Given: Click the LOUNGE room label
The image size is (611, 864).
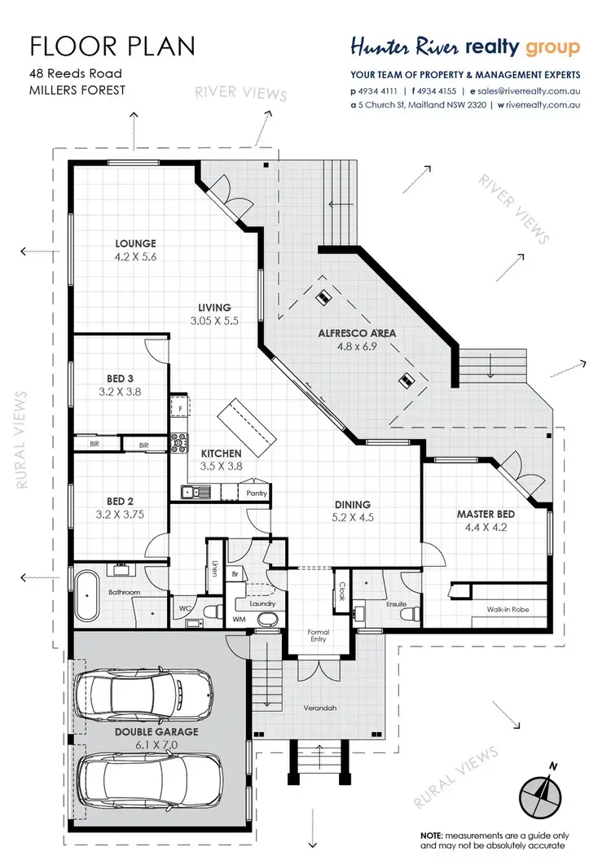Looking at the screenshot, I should click(135, 243).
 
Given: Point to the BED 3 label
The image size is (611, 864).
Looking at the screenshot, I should click(120, 379).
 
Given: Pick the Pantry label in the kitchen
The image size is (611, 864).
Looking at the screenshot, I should click(257, 493).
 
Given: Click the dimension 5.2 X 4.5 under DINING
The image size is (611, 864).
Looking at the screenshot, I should click(351, 516).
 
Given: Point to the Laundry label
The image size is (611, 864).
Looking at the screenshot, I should click(263, 604).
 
